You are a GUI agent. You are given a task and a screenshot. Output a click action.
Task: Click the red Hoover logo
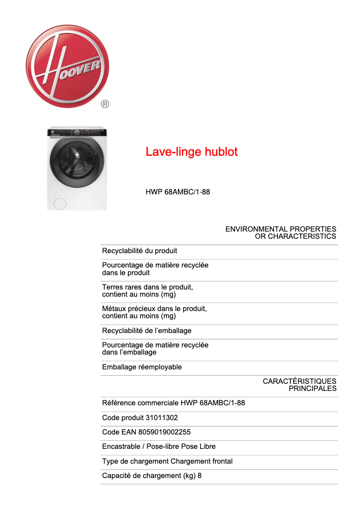[67, 66]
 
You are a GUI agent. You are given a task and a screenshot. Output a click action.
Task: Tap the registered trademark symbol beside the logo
[105, 104]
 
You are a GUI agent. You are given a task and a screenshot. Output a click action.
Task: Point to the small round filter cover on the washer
[59, 203]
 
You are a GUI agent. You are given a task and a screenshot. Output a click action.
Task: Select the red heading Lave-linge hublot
[191, 152]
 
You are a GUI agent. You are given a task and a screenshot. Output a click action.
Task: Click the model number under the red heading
[178, 192]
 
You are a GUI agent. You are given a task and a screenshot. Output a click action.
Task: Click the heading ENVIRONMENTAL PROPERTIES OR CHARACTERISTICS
[281, 233]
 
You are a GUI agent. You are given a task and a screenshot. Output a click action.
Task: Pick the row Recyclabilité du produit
[140, 250]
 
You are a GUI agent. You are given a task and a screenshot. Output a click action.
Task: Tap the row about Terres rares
[148, 290]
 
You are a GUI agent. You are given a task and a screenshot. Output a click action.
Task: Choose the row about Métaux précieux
[154, 312]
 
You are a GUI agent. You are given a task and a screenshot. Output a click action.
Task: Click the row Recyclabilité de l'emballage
[147, 331]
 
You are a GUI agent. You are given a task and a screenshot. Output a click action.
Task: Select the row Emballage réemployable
[142, 367]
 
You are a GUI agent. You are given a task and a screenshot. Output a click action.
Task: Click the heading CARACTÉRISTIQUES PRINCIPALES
[299, 385]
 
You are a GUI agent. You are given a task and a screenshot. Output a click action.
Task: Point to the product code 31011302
[162, 418]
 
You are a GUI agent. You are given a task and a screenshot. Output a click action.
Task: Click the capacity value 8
[199, 476]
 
